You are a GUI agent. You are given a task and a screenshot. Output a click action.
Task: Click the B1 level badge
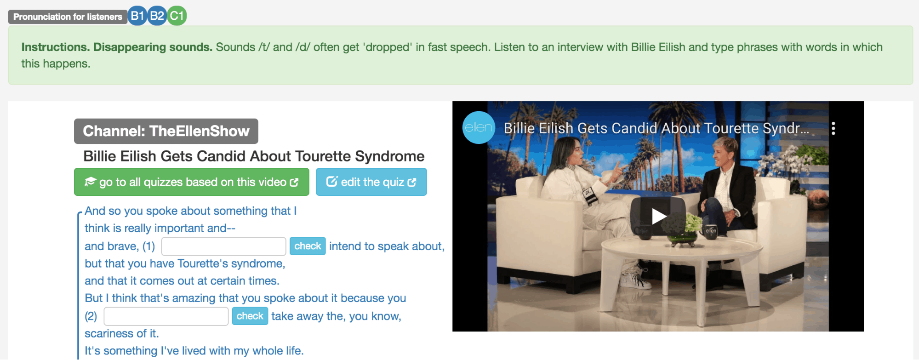coord(137,16)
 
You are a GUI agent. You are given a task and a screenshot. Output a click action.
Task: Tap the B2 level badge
coord(157,16)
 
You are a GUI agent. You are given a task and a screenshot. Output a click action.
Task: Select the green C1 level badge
coord(177,16)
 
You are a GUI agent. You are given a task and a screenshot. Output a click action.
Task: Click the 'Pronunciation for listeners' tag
coord(68,17)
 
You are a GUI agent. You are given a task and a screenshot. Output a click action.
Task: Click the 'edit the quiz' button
coord(371,182)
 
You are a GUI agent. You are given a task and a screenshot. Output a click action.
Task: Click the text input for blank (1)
coord(224,246)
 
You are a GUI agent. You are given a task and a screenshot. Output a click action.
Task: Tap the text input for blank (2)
coord(166,316)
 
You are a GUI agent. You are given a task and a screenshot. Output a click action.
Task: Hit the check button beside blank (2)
coord(250,316)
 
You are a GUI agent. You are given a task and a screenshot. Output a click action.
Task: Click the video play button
coord(658,216)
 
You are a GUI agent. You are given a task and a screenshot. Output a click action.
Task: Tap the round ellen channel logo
coord(479,128)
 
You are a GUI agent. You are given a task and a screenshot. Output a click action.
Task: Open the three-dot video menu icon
coord(833,128)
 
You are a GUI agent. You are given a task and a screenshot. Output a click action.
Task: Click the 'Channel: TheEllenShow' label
coord(166,131)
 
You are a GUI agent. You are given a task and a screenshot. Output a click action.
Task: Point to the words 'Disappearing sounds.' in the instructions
coord(153,47)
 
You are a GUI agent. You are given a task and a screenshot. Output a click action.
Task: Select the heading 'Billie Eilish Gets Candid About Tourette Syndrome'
coord(254,156)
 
